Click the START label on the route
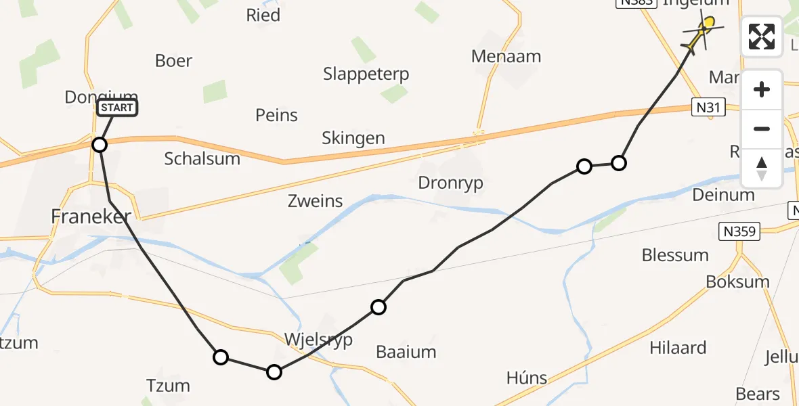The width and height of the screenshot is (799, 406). [118, 108]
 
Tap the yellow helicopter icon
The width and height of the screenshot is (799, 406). [702, 32]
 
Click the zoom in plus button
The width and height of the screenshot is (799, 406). [762, 89]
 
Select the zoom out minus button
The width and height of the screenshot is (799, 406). [762, 129]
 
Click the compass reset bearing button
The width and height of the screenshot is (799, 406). [762, 168]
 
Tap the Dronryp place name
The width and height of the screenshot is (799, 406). [451, 183]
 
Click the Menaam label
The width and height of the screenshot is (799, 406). [506, 56]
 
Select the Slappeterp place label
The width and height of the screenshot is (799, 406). [366, 74]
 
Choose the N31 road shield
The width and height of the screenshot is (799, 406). [709, 106]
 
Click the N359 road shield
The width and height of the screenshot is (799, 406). [740, 232]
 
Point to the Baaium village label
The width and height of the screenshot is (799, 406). [406, 352]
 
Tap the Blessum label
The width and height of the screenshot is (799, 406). [675, 255]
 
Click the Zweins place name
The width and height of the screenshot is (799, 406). [316, 201]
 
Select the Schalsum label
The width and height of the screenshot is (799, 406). [202, 159]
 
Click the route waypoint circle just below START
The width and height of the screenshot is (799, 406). [100, 145]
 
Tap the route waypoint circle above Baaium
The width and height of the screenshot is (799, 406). [379, 308]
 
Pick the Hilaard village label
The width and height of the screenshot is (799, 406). [678, 348]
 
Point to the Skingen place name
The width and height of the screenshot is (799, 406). [354, 139]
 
